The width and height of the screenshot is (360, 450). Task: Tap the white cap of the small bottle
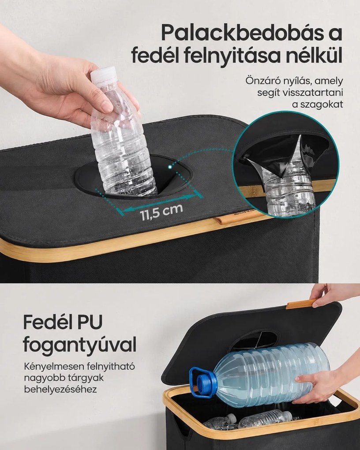103,74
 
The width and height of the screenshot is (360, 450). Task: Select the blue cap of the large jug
206,385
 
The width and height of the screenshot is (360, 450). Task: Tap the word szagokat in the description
318,105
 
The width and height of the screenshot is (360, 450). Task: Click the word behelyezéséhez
60,390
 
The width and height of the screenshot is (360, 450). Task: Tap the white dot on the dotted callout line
170,166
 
